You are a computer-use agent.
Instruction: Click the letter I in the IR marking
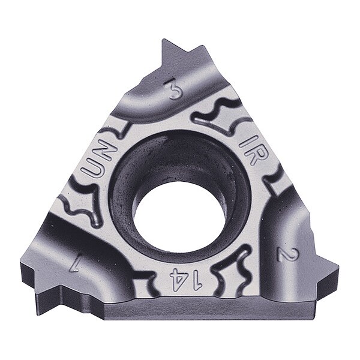pyautogui.click(x=243, y=141)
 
